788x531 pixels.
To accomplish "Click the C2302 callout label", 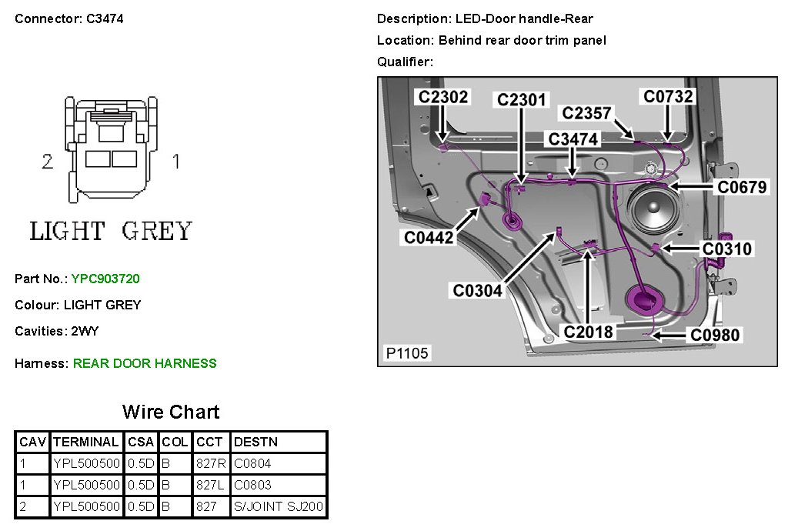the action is [442, 97].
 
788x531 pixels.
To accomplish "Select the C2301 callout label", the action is [521, 100].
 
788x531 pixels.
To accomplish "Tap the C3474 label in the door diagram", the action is [573, 139].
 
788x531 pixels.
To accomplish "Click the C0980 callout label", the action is [715, 335].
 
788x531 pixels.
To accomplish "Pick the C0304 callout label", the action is [478, 290].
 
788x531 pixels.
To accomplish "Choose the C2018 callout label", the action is [589, 332].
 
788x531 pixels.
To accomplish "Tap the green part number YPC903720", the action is [105, 279].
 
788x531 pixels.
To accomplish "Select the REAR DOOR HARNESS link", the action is [145, 363].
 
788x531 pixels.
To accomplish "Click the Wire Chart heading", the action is [171, 412].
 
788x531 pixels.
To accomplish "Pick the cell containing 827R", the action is [211, 464].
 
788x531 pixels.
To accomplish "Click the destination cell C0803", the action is [252, 486].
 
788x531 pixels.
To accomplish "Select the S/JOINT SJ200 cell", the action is [279, 507].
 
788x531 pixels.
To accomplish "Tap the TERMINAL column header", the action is [86, 442].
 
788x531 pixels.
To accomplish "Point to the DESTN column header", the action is [256, 442].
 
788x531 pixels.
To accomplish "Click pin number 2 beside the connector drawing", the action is [48, 162].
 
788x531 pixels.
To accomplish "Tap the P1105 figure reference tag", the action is [408, 353].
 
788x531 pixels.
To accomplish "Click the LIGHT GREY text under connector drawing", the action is [110, 231].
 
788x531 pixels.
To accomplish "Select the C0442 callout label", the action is [429, 238].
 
